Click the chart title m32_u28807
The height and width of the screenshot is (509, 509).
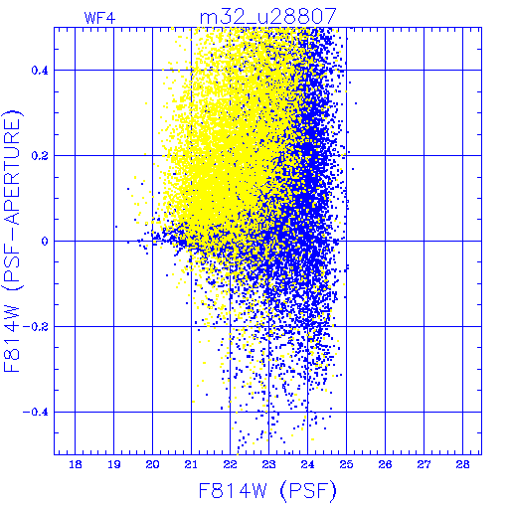click(x=268, y=17)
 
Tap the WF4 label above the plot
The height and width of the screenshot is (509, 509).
click(x=100, y=18)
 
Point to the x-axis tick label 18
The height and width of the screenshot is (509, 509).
click(x=76, y=464)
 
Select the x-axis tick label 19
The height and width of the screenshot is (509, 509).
click(x=114, y=464)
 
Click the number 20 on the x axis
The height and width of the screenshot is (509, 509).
click(x=153, y=464)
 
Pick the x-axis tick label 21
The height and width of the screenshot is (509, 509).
click(x=191, y=464)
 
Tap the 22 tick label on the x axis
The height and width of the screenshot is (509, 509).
click(x=230, y=464)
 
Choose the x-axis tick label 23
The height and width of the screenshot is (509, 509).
click(x=268, y=464)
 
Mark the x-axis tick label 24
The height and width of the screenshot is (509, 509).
click(x=307, y=464)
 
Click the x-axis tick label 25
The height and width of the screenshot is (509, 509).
click(x=346, y=464)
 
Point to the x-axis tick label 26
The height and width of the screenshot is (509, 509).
click(x=385, y=464)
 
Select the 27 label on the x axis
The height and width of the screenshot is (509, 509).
click(x=424, y=464)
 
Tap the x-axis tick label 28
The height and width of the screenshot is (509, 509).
click(x=462, y=464)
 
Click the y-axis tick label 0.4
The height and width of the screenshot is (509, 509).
click(x=40, y=71)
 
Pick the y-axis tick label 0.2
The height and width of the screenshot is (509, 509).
click(x=40, y=156)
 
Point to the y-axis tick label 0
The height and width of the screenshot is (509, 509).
click(x=45, y=242)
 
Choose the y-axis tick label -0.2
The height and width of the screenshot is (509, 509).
click(x=35, y=327)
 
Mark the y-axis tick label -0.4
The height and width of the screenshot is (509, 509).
click(x=35, y=413)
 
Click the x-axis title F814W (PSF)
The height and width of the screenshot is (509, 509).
click(x=267, y=491)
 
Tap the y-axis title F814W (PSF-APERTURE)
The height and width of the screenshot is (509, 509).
click(x=13, y=242)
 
